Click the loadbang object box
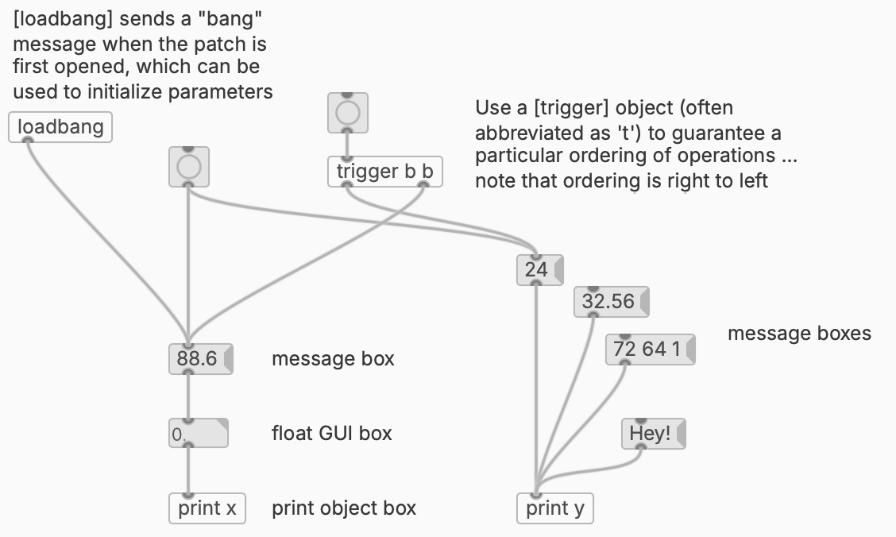pos(60,127)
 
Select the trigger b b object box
pos(384,172)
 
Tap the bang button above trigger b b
pos(348,114)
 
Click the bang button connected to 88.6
pos(189,167)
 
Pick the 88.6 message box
pos(198,359)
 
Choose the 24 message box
pos(538,269)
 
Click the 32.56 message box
pos(609,302)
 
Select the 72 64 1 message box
pos(649,350)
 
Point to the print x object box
pos(207,508)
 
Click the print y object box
pos(555,508)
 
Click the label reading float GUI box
pos(331,433)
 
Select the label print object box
pos(344,508)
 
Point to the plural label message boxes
pos(798,334)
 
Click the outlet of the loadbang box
pos(27,141)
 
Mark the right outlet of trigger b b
pos(423,185)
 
